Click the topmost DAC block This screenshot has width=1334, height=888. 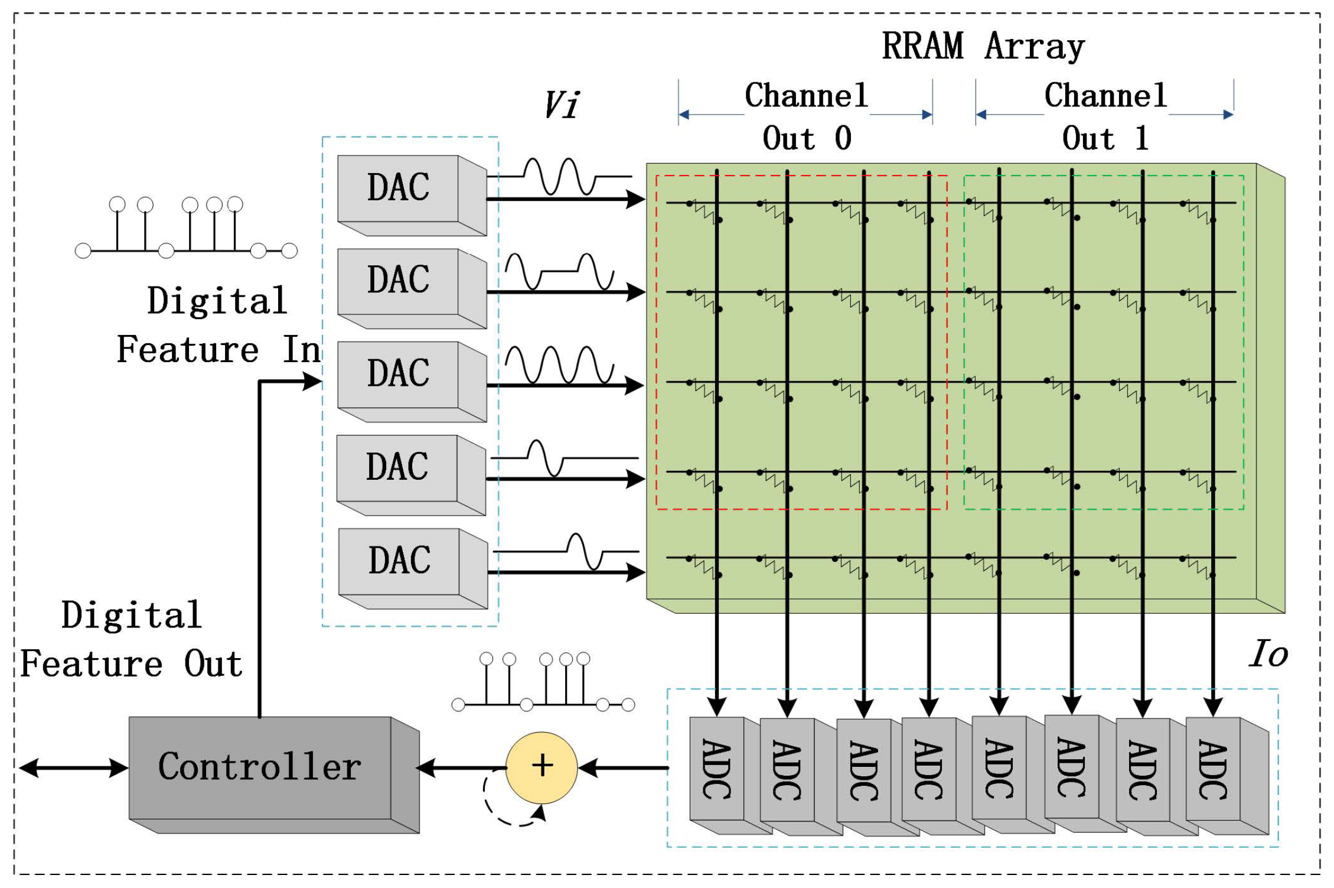tap(399, 188)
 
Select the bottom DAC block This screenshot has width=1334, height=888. tap(400, 561)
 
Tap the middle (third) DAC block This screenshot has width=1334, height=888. tap(399, 373)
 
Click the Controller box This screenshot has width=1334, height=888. tap(260, 767)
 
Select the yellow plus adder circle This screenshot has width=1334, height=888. tap(542, 767)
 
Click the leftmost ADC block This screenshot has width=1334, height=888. tap(717, 769)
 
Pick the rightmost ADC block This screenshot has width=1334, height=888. tap(1213, 769)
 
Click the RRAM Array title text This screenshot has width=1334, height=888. tap(983, 46)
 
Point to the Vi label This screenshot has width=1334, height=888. tap(562, 105)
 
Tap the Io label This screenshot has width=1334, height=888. tap(1268, 655)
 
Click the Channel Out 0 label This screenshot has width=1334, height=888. tap(807, 116)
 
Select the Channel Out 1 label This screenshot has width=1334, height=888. tap(1105, 116)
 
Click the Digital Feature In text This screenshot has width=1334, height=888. tap(218, 325)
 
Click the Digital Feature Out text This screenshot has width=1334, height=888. tap(132, 639)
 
